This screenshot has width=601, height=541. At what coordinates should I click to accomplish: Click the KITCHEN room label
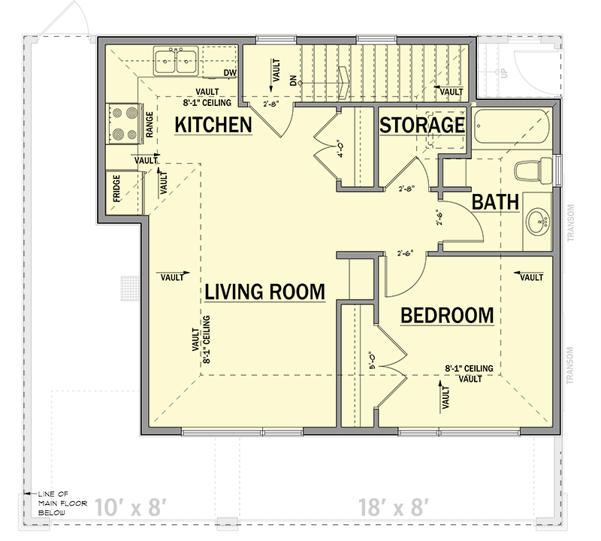(x=213, y=125)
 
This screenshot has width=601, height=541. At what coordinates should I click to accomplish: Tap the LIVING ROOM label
(x=265, y=292)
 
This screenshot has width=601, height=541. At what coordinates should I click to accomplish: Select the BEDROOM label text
(x=447, y=316)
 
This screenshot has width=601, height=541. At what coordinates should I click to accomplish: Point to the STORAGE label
(x=421, y=125)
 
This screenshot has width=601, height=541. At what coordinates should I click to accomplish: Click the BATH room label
(x=496, y=201)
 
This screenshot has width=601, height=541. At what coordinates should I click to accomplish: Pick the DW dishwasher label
(x=230, y=73)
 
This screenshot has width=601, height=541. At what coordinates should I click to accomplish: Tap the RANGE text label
(x=149, y=125)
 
